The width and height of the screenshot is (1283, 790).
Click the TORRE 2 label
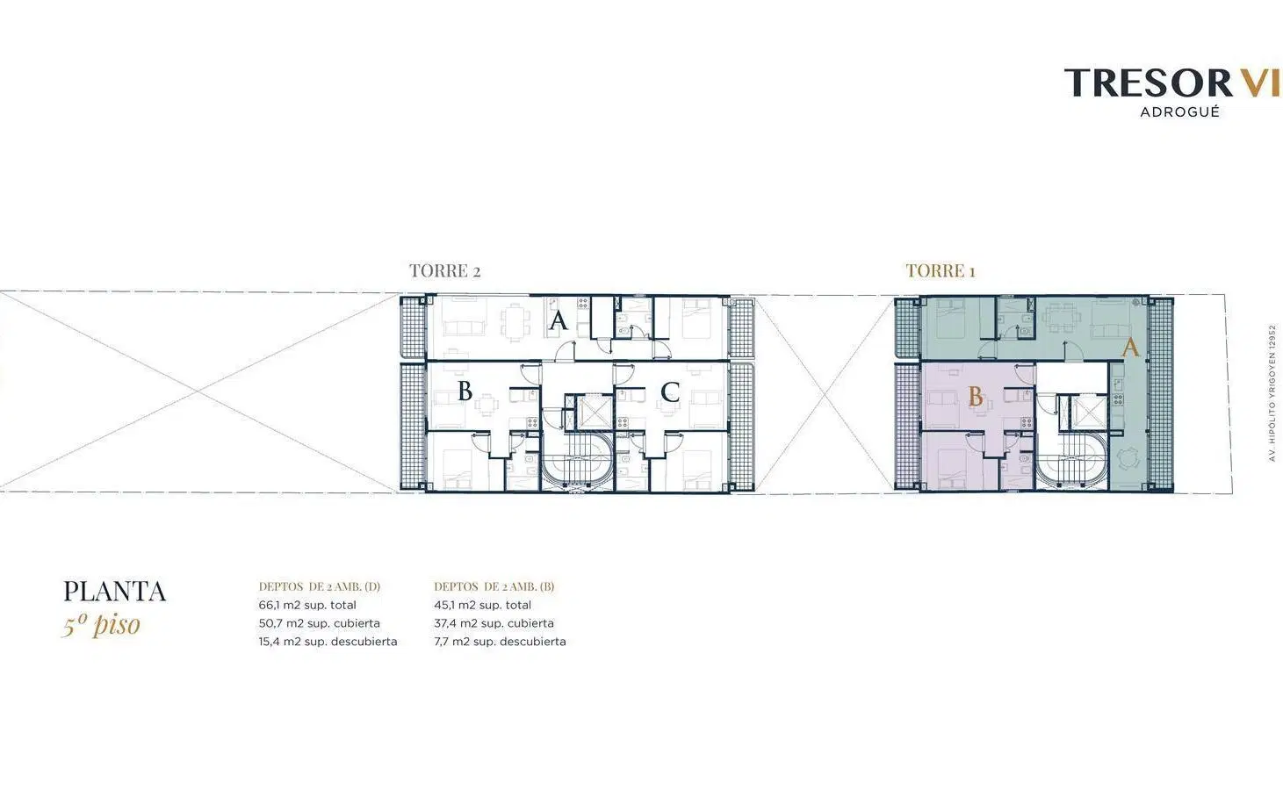click(x=444, y=270)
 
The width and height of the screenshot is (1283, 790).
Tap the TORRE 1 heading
click(x=940, y=270)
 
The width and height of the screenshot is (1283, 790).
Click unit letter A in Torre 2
click(x=558, y=320)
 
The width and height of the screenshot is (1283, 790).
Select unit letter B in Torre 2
click(x=465, y=391)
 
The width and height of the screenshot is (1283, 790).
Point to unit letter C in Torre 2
click(x=670, y=392)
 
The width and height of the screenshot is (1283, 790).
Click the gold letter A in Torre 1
click(x=1130, y=348)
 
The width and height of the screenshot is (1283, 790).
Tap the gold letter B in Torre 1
click(x=976, y=396)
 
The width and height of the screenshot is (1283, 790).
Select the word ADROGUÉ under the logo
click(x=1179, y=112)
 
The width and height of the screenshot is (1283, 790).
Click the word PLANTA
click(x=114, y=592)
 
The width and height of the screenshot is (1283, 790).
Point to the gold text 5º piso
click(x=101, y=625)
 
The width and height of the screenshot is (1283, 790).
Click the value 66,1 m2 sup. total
click(x=307, y=605)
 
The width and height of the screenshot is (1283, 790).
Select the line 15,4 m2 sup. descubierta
click(x=328, y=642)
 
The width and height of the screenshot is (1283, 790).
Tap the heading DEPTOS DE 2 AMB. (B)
click(x=494, y=586)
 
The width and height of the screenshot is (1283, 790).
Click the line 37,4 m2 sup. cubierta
click(x=494, y=623)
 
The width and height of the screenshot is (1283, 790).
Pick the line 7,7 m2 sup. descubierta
click(x=500, y=642)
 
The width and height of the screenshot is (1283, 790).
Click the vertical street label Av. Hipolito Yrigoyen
click(x=1272, y=392)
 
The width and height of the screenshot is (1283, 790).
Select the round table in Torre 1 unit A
click(x=1128, y=458)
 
